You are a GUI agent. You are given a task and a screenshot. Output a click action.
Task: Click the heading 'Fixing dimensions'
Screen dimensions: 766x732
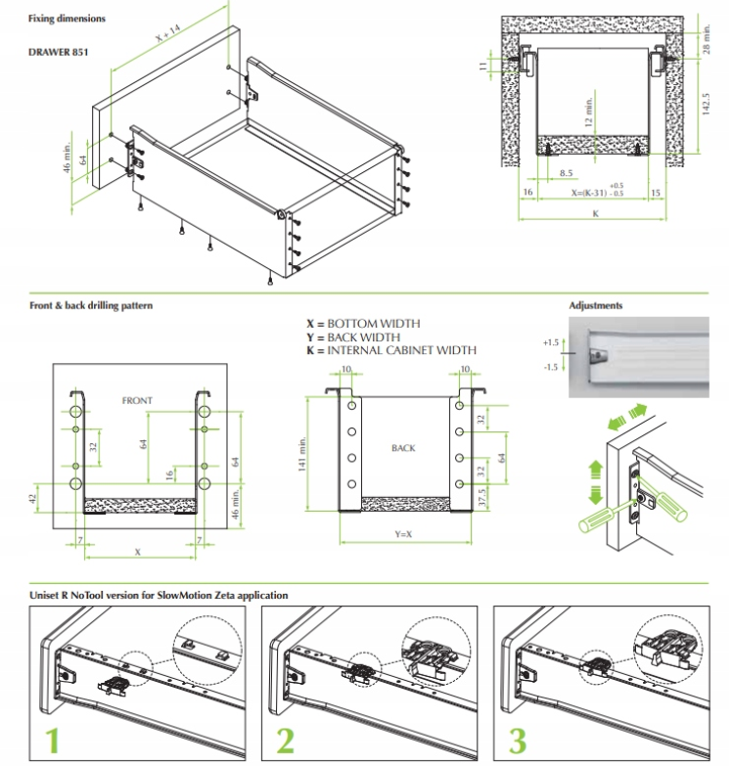(x=67, y=19)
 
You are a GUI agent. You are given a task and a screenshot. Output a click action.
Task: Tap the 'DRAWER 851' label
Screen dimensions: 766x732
(x=58, y=52)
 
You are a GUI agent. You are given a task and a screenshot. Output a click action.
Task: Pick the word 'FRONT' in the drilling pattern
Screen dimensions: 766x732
(x=137, y=401)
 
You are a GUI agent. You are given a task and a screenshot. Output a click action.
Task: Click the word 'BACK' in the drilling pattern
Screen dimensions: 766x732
(x=403, y=448)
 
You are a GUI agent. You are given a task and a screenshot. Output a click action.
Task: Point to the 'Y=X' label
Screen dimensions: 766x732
(x=403, y=534)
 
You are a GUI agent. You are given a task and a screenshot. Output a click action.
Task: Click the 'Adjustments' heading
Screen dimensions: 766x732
(x=595, y=305)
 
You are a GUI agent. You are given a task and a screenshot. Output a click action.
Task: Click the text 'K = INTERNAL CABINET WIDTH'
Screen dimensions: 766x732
(x=391, y=349)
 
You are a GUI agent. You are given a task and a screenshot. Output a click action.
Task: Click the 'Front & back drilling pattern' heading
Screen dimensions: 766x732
(x=91, y=305)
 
